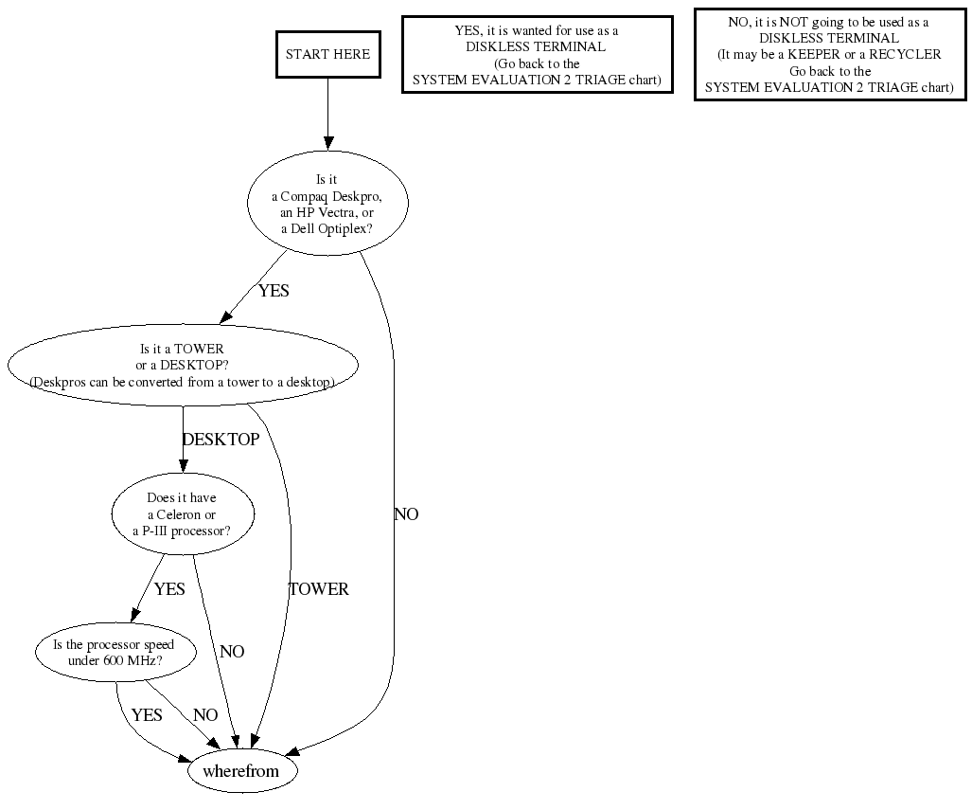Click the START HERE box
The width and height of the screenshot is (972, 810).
[327, 54]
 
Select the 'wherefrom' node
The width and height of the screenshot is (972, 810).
[241, 771]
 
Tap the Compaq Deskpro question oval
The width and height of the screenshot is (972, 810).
[327, 204]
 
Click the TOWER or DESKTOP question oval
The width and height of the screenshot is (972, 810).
[182, 366]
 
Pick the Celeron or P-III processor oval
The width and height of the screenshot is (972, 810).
[182, 514]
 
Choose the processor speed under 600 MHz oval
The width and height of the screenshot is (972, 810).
[115, 652]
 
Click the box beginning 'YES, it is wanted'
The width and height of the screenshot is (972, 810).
[537, 55]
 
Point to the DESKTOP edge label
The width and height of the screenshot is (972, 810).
[221, 440]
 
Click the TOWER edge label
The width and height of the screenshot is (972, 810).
[319, 589]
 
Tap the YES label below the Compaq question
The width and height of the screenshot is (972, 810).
[274, 291]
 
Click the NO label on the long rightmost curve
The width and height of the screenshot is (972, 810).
[406, 514]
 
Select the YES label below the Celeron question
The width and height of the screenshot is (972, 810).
[169, 589]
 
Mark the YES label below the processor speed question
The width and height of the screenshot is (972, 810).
[147, 715]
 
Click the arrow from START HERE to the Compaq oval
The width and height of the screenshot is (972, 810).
[327, 114]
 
